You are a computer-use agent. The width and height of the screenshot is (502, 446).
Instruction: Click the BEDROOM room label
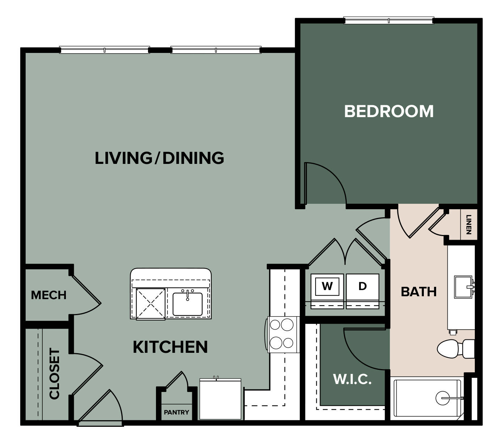(x=388, y=111)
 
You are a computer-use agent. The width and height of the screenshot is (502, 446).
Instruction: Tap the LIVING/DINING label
(x=159, y=158)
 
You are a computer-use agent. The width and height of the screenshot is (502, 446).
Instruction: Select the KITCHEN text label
(x=170, y=347)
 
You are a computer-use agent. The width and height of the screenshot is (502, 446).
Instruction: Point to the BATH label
(x=418, y=292)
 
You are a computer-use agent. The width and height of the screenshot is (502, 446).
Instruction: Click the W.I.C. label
(x=352, y=379)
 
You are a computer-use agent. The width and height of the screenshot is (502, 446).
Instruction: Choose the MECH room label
(x=48, y=295)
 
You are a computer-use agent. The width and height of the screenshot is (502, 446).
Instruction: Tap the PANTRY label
(x=176, y=412)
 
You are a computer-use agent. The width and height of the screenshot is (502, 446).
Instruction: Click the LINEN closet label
(x=469, y=224)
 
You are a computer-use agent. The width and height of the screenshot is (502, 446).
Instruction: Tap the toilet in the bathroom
(x=455, y=349)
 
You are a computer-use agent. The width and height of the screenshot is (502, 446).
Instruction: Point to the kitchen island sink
(x=187, y=304)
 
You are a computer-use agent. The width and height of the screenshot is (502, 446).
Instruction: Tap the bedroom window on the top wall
(x=388, y=21)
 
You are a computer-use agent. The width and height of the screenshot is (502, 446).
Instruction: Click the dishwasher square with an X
(x=151, y=304)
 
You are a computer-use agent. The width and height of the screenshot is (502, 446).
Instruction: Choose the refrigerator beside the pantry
(x=220, y=399)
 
